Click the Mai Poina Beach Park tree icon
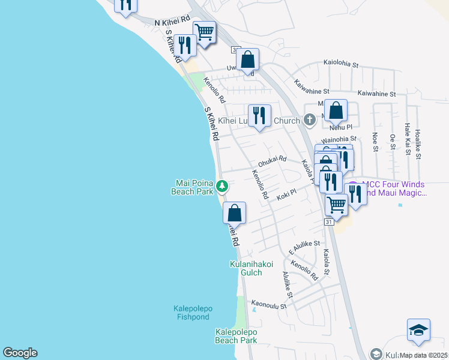pos(222,186)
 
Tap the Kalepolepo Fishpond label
pos(193,313)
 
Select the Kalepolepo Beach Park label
pos(236,336)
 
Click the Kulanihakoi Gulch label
pos(251,268)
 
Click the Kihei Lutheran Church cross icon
pos(310,120)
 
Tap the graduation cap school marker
pos(418,331)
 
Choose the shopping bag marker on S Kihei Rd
pos(234,212)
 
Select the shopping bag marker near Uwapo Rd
pos(247,60)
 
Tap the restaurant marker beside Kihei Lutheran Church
pos(259,115)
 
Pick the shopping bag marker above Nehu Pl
pos(336,110)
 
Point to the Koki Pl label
pos(287,196)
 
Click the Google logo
pos(20,353)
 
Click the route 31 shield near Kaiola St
pos(329,222)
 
